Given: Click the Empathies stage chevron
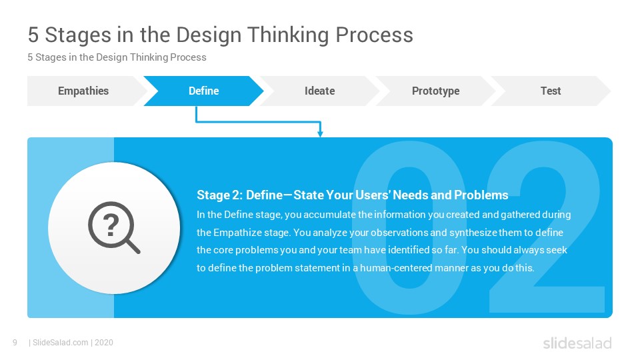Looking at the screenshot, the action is pos(84,91).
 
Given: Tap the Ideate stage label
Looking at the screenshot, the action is pos(319,91).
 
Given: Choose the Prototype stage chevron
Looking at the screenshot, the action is pos(435,91).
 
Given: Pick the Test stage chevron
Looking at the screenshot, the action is pos(551,91).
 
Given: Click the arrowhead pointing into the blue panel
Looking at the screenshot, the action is pos(320,133).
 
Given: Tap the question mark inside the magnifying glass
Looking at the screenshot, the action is pos(111,225).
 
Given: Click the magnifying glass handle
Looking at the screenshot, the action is pos(132,246).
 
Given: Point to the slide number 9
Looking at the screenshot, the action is pos(15,343).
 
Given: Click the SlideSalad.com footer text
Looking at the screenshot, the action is pos(61,343).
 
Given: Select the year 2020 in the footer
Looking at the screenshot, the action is pos(104,343).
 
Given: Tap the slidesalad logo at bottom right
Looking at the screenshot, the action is pos(577,343).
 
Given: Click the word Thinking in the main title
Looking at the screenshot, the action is pos(288,35).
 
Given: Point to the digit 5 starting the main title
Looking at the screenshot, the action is pos(33,35).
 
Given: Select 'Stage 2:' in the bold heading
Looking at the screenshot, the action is pos(219,195).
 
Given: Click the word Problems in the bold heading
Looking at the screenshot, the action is pos(481,195).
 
